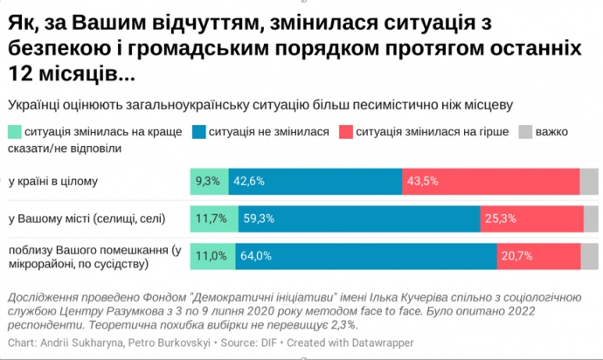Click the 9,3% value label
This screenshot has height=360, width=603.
pos(207,181)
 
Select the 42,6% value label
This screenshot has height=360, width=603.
pos(248,181)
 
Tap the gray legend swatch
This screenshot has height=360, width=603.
pos(525,132)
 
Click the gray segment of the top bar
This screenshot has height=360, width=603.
pos(588,181)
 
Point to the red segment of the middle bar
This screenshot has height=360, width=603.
pos(529,218)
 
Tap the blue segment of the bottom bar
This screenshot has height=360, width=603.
pos(367,256)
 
